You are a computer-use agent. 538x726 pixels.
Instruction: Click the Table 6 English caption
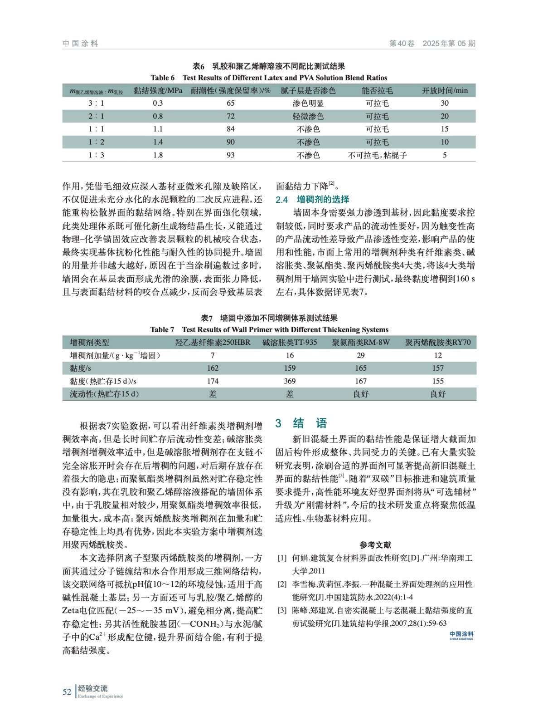pyautogui.click(x=269, y=78)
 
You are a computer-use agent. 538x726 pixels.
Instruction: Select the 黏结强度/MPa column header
pyautogui.click(x=158, y=91)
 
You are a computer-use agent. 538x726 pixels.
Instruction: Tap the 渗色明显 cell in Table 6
pyautogui.click(x=308, y=103)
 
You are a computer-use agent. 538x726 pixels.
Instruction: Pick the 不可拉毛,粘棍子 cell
pyautogui.click(x=377, y=155)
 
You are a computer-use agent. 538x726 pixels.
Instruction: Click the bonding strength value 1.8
pyautogui.click(x=158, y=155)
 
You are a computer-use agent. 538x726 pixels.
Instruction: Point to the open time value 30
pyautogui.click(x=445, y=103)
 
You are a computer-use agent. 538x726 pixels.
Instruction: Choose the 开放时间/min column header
pyautogui.click(x=445, y=91)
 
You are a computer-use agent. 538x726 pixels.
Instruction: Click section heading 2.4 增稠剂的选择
pyautogui.click(x=312, y=200)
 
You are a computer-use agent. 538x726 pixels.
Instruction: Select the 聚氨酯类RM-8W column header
pyautogui.click(x=361, y=343)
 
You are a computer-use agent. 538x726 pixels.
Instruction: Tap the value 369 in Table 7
pyautogui.click(x=290, y=381)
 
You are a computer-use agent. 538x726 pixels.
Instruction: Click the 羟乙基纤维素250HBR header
pyautogui.click(x=213, y=343)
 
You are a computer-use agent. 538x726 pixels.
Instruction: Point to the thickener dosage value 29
pyautogui.click(x=361, y=355)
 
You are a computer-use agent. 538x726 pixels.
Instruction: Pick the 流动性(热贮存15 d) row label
pyautogui.click(x=104, y=394)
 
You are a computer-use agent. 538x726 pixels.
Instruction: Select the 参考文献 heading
pyautogui.click(x=375, y=545)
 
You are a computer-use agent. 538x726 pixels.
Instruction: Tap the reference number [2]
pyautogui.click(x=282, y=584)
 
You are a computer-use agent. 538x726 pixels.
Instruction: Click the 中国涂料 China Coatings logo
pyautogui.click(x=461, y=635)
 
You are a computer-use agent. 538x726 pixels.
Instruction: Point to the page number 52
pyautogui.click(x=67, y=692)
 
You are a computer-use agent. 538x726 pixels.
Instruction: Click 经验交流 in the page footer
pyautogui.click(x=93, y=688)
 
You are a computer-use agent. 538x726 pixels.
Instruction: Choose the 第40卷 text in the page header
pyautogui.click(x=402, y=44)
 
